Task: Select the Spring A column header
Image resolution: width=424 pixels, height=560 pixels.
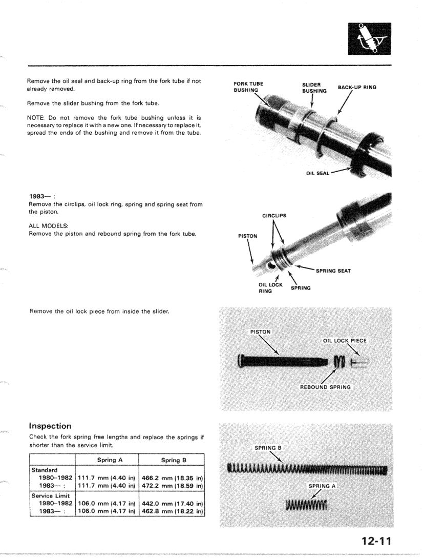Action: [107, 460]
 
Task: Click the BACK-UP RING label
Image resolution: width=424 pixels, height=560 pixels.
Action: [357, 87]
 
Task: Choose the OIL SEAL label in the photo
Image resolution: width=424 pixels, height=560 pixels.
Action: [317, 174]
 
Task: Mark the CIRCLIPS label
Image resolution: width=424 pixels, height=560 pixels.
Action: [274, 216]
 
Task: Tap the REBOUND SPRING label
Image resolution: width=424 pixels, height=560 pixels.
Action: [325, 387]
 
